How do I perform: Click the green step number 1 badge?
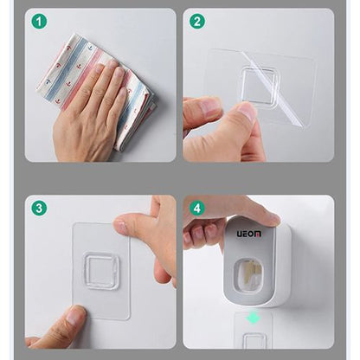point(38,21)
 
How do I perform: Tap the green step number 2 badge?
point(197,21)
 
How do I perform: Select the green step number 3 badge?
point(38,208)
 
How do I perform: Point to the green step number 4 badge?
point(197,208)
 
